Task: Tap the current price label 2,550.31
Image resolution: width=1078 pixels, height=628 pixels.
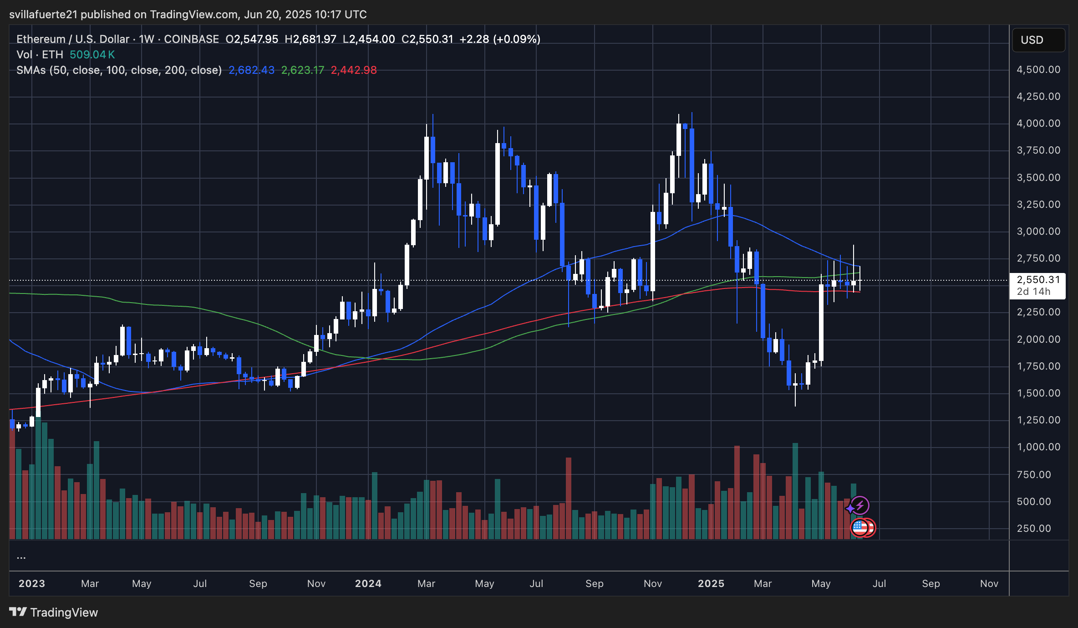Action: point(1038,279)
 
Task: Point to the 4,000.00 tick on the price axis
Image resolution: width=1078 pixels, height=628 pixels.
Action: point(1038,124)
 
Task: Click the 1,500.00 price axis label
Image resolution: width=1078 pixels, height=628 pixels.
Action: point(1038,393)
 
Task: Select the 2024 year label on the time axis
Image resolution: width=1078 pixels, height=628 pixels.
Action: point(368,584)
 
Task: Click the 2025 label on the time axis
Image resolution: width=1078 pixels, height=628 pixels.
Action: point(711,584)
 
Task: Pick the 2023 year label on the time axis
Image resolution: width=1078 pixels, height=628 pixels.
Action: point(32,584)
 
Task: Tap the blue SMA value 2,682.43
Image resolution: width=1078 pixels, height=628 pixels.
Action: point(251,70)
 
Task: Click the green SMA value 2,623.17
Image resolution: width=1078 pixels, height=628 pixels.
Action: point(303,70)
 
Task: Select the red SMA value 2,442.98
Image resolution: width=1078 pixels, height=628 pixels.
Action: point(354,70)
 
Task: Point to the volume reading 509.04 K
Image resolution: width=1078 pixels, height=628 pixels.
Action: point(92,55)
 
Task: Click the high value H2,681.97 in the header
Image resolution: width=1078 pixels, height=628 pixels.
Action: point(310,39)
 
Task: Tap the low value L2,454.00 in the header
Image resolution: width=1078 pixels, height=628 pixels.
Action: point(369,39)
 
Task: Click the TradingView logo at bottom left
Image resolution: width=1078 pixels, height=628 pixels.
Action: point(54,612)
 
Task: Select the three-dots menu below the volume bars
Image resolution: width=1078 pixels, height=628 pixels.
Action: point(21,557)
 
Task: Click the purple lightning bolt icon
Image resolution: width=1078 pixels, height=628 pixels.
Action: point(860,505)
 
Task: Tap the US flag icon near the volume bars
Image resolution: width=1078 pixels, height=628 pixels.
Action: point(859,528)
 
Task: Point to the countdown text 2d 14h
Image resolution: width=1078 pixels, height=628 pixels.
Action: point(1033,292)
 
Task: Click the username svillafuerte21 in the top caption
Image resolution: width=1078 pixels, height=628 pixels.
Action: point(43,15)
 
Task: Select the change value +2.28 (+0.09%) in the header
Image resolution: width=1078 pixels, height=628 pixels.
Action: point(500,39)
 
